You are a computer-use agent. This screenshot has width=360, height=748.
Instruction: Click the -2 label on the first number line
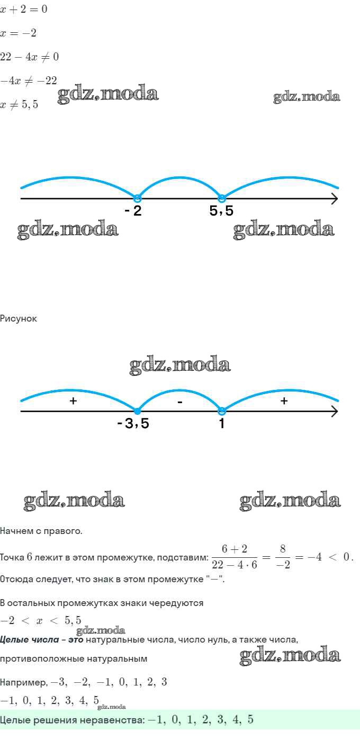tap(133, 211)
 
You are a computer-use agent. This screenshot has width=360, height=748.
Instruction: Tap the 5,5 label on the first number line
tap(221, 211)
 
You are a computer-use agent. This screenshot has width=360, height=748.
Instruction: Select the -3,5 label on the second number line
tap(133, 423)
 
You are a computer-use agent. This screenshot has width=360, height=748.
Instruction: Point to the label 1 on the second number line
tap(222, 423)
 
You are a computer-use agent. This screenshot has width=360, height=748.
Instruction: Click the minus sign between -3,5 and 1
tap(180, 402)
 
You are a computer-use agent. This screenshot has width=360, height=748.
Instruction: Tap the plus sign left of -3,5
tap(74, 400)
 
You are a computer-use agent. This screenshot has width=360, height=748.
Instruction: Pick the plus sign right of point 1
tap(284, 400)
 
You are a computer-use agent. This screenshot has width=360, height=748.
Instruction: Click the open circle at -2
tap(137, 199)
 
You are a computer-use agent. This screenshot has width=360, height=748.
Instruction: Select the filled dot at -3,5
tap(137, 412)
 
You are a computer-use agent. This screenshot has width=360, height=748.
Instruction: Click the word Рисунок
tap(19, 318)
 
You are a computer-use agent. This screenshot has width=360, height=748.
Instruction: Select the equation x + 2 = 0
tap(24, 9)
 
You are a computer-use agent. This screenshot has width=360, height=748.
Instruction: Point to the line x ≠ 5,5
tap(20, 104)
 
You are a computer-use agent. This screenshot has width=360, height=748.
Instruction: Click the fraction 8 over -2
tap(283, 557)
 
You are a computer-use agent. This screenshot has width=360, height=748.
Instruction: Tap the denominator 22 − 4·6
tap(235, 564)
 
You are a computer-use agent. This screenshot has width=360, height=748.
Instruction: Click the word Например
tap(23, 682)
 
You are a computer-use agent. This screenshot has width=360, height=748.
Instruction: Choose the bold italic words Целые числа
tap(29, 640)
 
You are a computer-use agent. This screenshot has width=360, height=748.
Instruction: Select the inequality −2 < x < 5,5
tap(40, 620)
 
